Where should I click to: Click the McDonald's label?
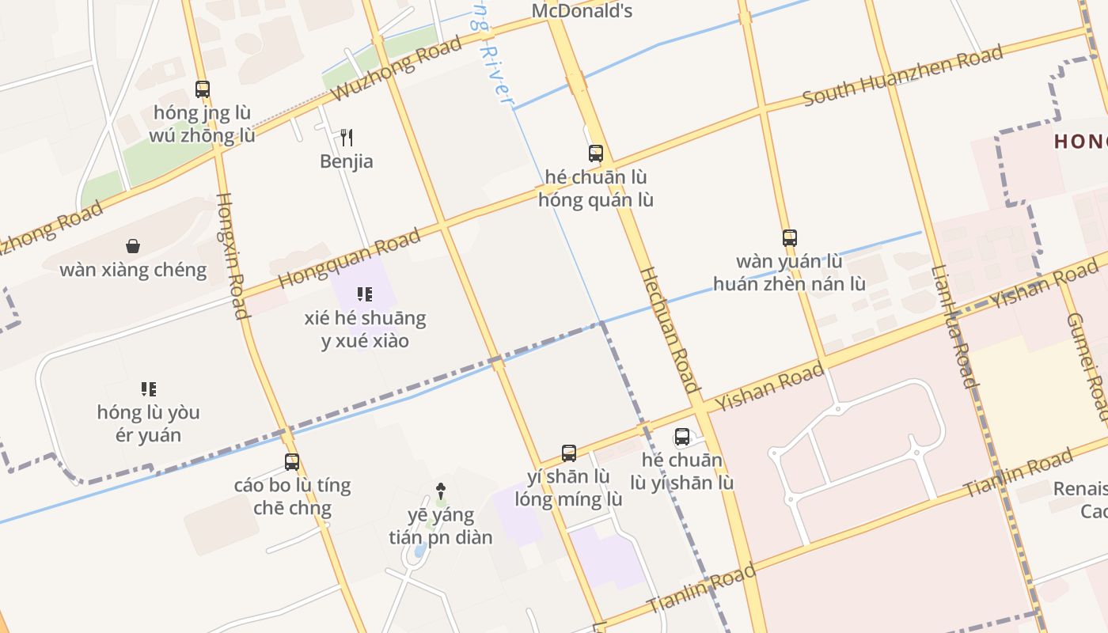[x=582, y=11]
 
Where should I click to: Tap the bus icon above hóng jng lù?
[x=203, y=89]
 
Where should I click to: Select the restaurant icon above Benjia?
[x=347, y=138]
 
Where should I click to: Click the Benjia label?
[x=347, y=161]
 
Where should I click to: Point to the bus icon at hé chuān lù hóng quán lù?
[x=596, y=154]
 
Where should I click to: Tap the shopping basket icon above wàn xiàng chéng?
[x=133, y=246]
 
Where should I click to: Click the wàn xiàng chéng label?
[x=133, y=270]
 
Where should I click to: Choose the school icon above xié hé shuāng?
[x=365, y=294]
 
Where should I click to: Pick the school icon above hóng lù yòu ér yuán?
[x=149, y=389]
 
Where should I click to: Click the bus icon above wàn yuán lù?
[x=789, y=237]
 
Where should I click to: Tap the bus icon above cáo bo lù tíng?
[x=292, y=461]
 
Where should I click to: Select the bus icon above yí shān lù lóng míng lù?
[x=569, y=453]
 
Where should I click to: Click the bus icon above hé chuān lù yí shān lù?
[x=682, y=437]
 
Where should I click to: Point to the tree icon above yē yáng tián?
[x=441, y=491]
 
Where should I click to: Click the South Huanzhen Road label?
[x=902, y=76]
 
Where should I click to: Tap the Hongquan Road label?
[x=349, y=259]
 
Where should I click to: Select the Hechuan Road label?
[x=670, y=330]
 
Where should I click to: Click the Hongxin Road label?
[x=230, y=256]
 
